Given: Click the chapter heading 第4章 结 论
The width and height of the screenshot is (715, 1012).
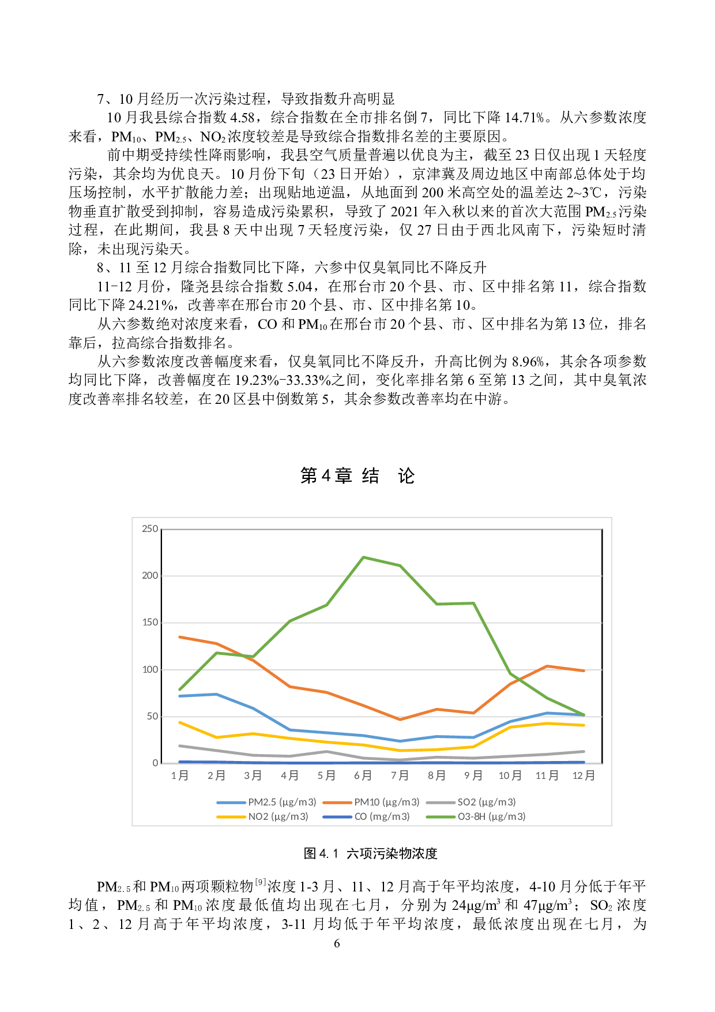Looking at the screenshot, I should pos(357,476).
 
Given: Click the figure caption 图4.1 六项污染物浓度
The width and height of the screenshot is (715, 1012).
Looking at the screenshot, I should pos(370,853).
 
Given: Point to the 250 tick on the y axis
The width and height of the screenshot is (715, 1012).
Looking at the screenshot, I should pos(150,529).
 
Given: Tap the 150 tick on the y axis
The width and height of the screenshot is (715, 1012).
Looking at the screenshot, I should pos(150,623).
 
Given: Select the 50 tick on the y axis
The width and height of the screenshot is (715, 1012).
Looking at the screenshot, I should pos(152,716).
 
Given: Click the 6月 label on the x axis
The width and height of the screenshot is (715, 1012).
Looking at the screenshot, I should pos(363,775).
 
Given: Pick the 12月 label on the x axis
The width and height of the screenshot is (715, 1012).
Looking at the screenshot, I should pos(584,775).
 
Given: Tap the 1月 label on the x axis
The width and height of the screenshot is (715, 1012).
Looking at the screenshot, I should pos(180,775).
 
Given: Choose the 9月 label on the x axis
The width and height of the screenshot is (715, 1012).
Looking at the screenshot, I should pos(473,775).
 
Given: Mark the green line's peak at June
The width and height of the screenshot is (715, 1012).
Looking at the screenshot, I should pos(363,557).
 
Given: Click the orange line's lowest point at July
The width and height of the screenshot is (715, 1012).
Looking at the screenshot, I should pos(400,719).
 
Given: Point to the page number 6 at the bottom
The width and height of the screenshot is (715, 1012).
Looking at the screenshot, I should pos(337,943).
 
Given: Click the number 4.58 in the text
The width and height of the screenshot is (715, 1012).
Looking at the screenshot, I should pos(242,118).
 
